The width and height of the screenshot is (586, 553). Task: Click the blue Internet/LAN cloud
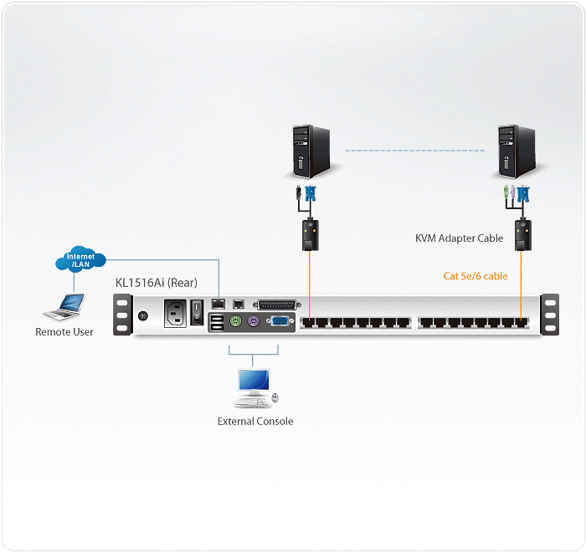[80, 260]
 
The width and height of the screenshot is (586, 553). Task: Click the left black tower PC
[307, 151]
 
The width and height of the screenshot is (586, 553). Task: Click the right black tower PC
[515, 151]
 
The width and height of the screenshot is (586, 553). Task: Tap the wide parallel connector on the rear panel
[275, 305]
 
